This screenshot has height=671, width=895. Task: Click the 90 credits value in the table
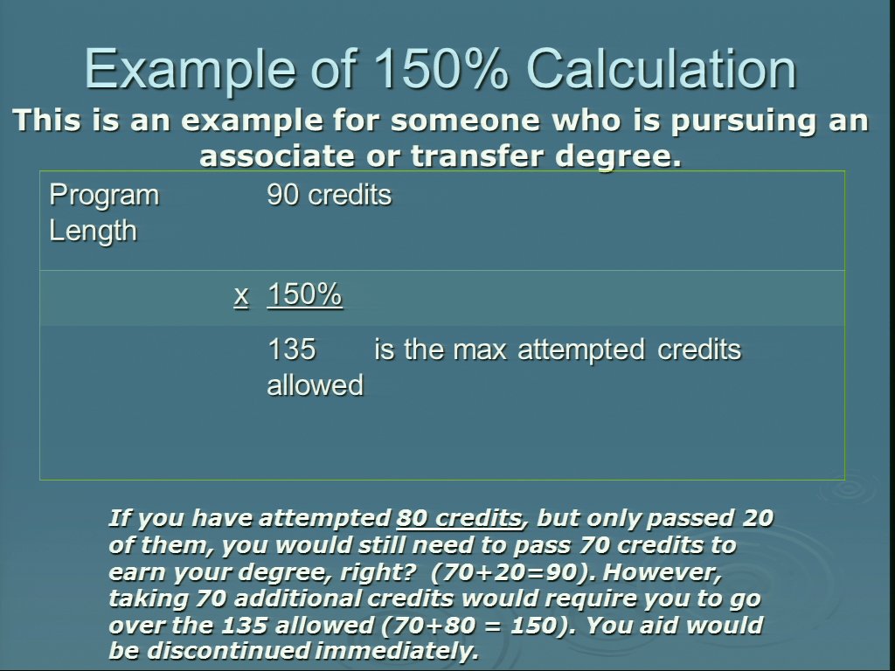[x=330, y=195]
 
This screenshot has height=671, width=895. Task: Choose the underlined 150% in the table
[x=305, y=294]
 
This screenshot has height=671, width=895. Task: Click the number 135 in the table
[x=291, y=349]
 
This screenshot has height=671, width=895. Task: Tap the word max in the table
[x=480, y=349]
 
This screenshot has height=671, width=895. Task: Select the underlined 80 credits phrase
[x=459, y=518]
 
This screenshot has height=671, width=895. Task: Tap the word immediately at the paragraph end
[x=397, y=651]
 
